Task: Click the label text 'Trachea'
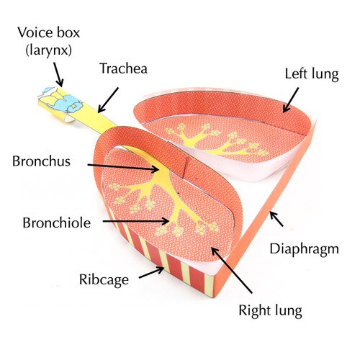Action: [123, 68]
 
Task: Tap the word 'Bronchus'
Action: [41, 161]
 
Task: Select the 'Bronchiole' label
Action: [57, 222]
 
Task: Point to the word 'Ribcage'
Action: [104, 280]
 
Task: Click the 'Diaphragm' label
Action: [304, 250]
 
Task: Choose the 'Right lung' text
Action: [270, 311]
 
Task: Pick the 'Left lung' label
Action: [312, 74]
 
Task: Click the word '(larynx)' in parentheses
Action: [48, 50]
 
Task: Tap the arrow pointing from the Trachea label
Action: [108, 100]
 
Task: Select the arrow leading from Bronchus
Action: [123, 167]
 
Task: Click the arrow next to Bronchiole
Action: [136, 221]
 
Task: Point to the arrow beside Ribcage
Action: [152, 273]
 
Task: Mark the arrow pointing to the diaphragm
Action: [276, 219]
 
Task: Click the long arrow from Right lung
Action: [232, 271]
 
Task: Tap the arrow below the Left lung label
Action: [291, 100]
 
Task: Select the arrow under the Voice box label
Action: [58, 75]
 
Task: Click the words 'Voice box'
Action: [48, 32]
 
